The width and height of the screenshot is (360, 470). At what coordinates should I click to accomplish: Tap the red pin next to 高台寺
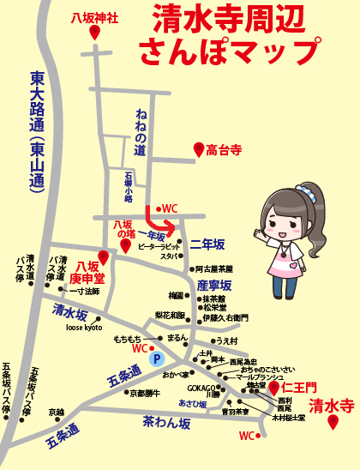pyautogui.click(x=199, y=151)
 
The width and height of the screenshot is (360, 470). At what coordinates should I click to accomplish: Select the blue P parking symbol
pyautogui.click(x=156, y=360)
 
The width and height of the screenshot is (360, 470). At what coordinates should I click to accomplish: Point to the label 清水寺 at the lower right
pyautogui.click(x=332, y=406)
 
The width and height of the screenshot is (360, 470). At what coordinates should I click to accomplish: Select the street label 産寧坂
pyautogui.click(x=215, y=285)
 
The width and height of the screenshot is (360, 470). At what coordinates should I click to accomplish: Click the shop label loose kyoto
pyautogui.click(x=83, y=328)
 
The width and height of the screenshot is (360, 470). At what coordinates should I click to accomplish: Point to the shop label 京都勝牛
pyautogui.click(x=145, y=394)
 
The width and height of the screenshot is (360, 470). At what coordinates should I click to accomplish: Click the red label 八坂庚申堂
pyautogui.click(x=87, y=272)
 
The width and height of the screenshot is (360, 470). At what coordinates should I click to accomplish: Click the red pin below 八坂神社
pyautogui.click(x=93, y=32)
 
